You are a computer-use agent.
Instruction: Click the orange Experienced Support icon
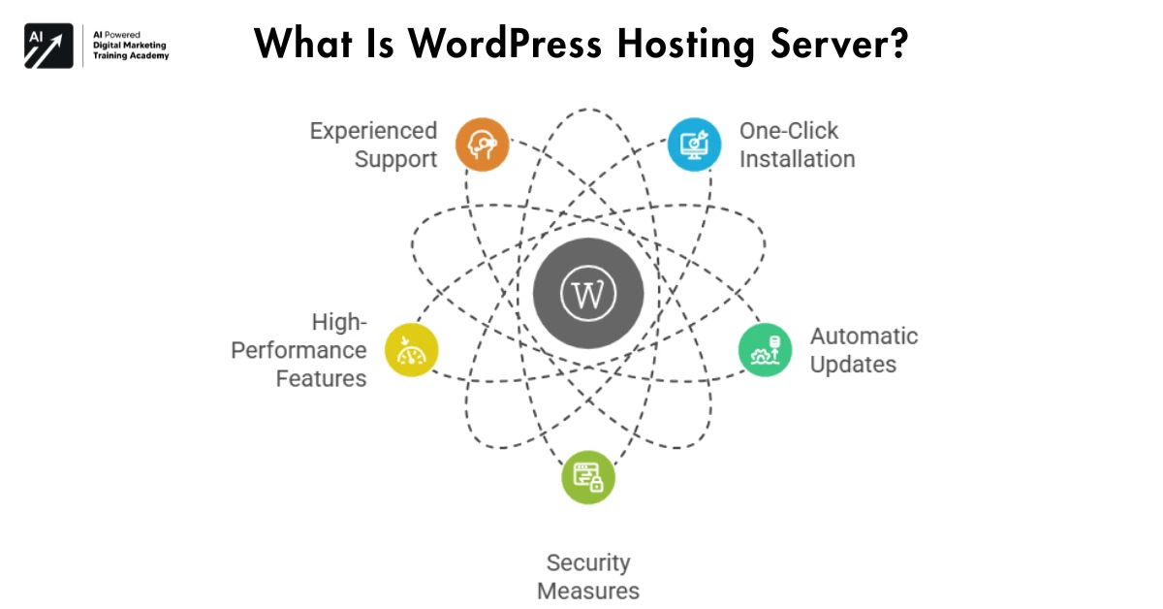[x=482, y=144]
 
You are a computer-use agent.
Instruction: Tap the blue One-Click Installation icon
[x=695, y=144]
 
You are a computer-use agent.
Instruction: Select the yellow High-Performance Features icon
[x=412, y=350]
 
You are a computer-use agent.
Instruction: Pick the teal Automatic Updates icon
[x=765, y=350]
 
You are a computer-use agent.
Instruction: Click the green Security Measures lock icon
[x=588, y=477]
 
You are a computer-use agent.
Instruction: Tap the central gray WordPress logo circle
[x=588, y=294]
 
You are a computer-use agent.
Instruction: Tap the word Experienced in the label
[x=373, y=131]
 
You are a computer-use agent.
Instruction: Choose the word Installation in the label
[x=797, y=159]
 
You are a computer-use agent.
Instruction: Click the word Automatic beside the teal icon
[x=864, y=337]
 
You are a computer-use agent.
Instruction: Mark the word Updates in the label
[x=853, y=365]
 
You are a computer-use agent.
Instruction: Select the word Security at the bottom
[x=588, y=562]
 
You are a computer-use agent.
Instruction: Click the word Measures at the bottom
[x=588, y=591]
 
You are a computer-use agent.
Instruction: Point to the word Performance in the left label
[x=299, y=350]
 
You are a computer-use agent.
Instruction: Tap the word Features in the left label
[x=321, y=378]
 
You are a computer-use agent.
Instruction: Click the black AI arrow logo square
[x=48, y=45]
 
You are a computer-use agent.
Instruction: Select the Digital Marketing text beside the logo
[x=130, y=45]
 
